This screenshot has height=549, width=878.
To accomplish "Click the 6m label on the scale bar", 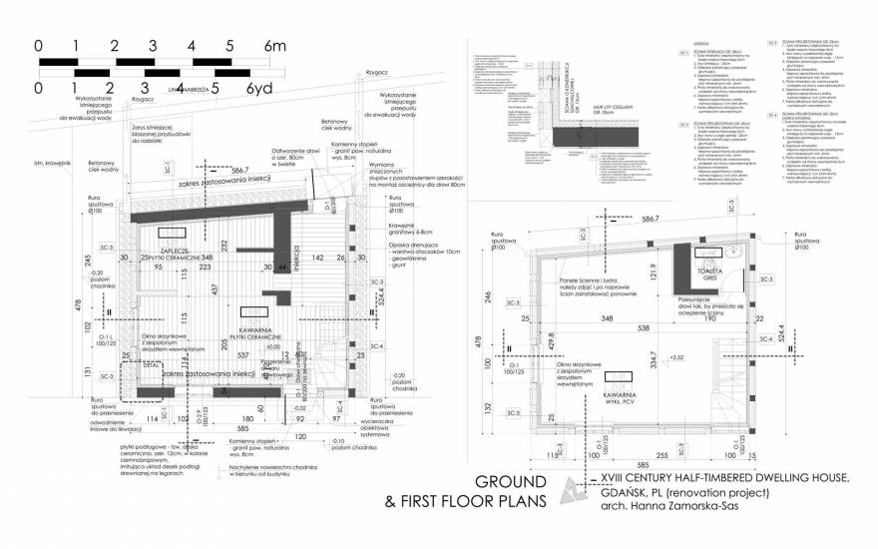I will click(272, 47).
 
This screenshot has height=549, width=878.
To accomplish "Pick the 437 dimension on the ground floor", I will click(215, 288).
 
